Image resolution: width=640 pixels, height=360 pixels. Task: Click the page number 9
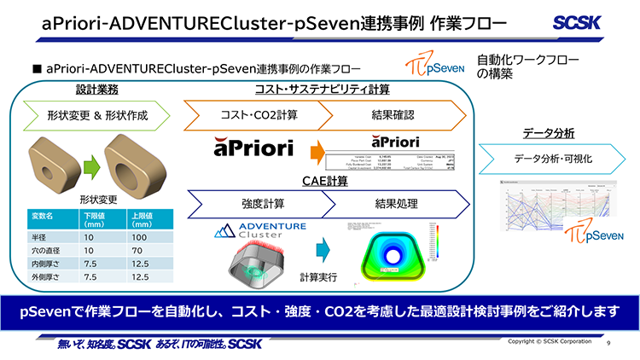608,343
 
